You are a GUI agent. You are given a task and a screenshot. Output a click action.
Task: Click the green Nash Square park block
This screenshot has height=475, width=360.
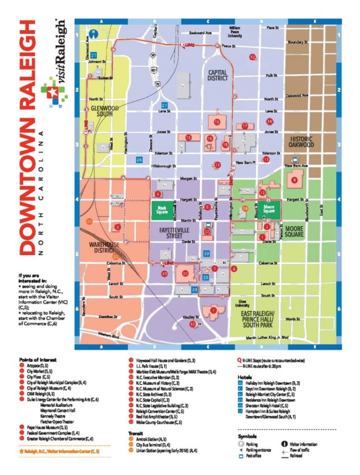163,210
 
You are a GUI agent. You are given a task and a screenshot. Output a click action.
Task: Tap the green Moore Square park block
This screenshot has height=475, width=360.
269,210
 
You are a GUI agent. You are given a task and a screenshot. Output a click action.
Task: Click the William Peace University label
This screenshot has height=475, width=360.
234,32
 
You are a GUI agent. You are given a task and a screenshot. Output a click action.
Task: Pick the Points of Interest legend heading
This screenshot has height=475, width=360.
38,359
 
